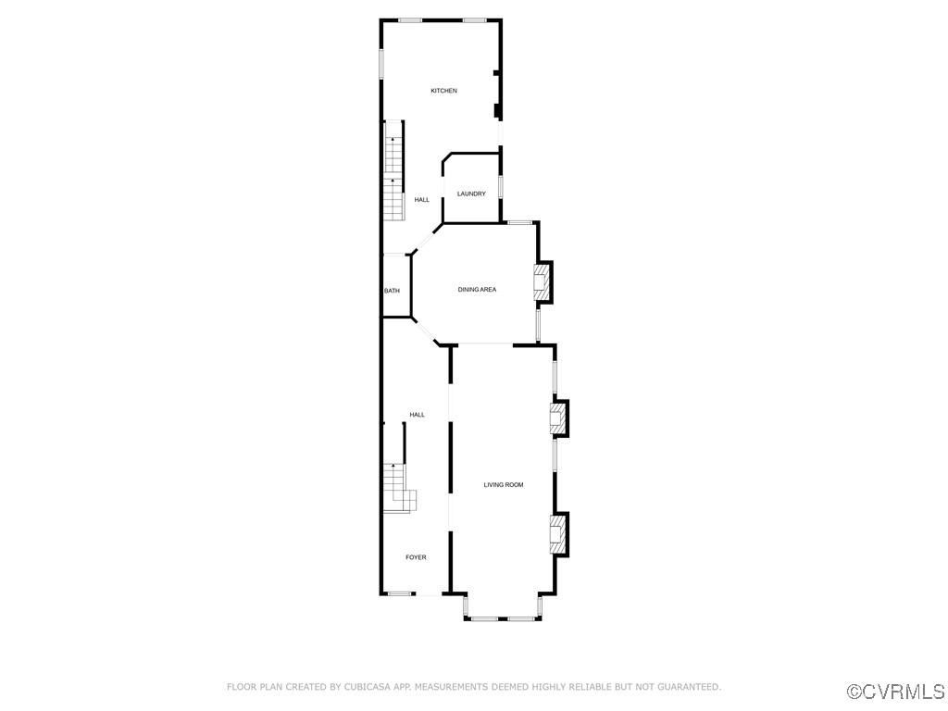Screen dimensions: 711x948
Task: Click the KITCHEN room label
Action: [443, 91]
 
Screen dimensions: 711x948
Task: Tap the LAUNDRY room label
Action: [471, 193]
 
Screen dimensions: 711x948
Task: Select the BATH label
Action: [392, 291]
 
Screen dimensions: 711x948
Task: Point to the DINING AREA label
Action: [477, 290]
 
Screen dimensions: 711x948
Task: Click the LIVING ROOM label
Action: [504, 484]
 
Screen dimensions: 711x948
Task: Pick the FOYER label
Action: [416, 557]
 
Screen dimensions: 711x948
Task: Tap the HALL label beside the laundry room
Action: [421, 200]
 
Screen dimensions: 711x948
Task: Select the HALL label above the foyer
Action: [417, 415]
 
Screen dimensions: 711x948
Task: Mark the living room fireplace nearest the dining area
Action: [558, 418]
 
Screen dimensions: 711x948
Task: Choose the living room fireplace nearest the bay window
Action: [558, 534]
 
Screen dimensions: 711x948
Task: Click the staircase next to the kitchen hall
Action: [395, 170]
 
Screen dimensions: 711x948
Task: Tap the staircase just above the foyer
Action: [398, 487]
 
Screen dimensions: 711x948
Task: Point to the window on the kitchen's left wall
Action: [381, 63]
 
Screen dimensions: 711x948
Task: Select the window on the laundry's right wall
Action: [501, 186]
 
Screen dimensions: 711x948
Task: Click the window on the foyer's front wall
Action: [400, 593]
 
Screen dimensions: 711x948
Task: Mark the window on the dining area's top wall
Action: [519, 222]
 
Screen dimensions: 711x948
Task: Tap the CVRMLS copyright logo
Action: [897, 692]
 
